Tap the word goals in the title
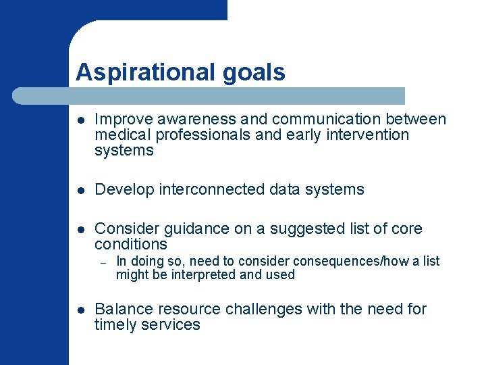(x=260, y=72)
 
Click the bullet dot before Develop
(x=80, y=190)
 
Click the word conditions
(x=130, y=244)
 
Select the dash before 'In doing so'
(x=104, y=262)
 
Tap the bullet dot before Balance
(x=80, y=310)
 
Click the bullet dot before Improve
(x=80, y=120)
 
